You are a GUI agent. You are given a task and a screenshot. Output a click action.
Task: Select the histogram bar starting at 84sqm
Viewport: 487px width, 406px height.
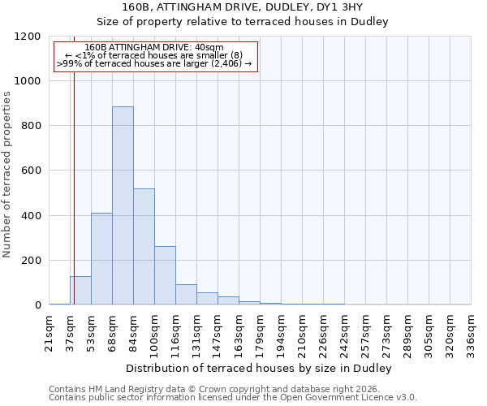click(144, 247)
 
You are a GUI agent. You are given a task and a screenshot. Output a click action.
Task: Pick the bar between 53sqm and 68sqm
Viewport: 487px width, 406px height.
click(101, 259)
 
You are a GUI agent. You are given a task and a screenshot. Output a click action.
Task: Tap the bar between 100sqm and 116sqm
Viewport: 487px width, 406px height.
click(165, 275)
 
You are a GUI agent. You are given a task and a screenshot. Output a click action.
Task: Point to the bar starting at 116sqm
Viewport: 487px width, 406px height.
click(186, 295)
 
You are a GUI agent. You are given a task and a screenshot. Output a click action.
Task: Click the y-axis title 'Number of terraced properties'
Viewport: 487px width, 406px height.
click(7, 175)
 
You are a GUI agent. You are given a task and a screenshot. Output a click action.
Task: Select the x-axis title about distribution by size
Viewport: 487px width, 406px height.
click(260, 369)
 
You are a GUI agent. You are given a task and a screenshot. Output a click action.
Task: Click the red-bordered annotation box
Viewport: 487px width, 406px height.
click(155, 56)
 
